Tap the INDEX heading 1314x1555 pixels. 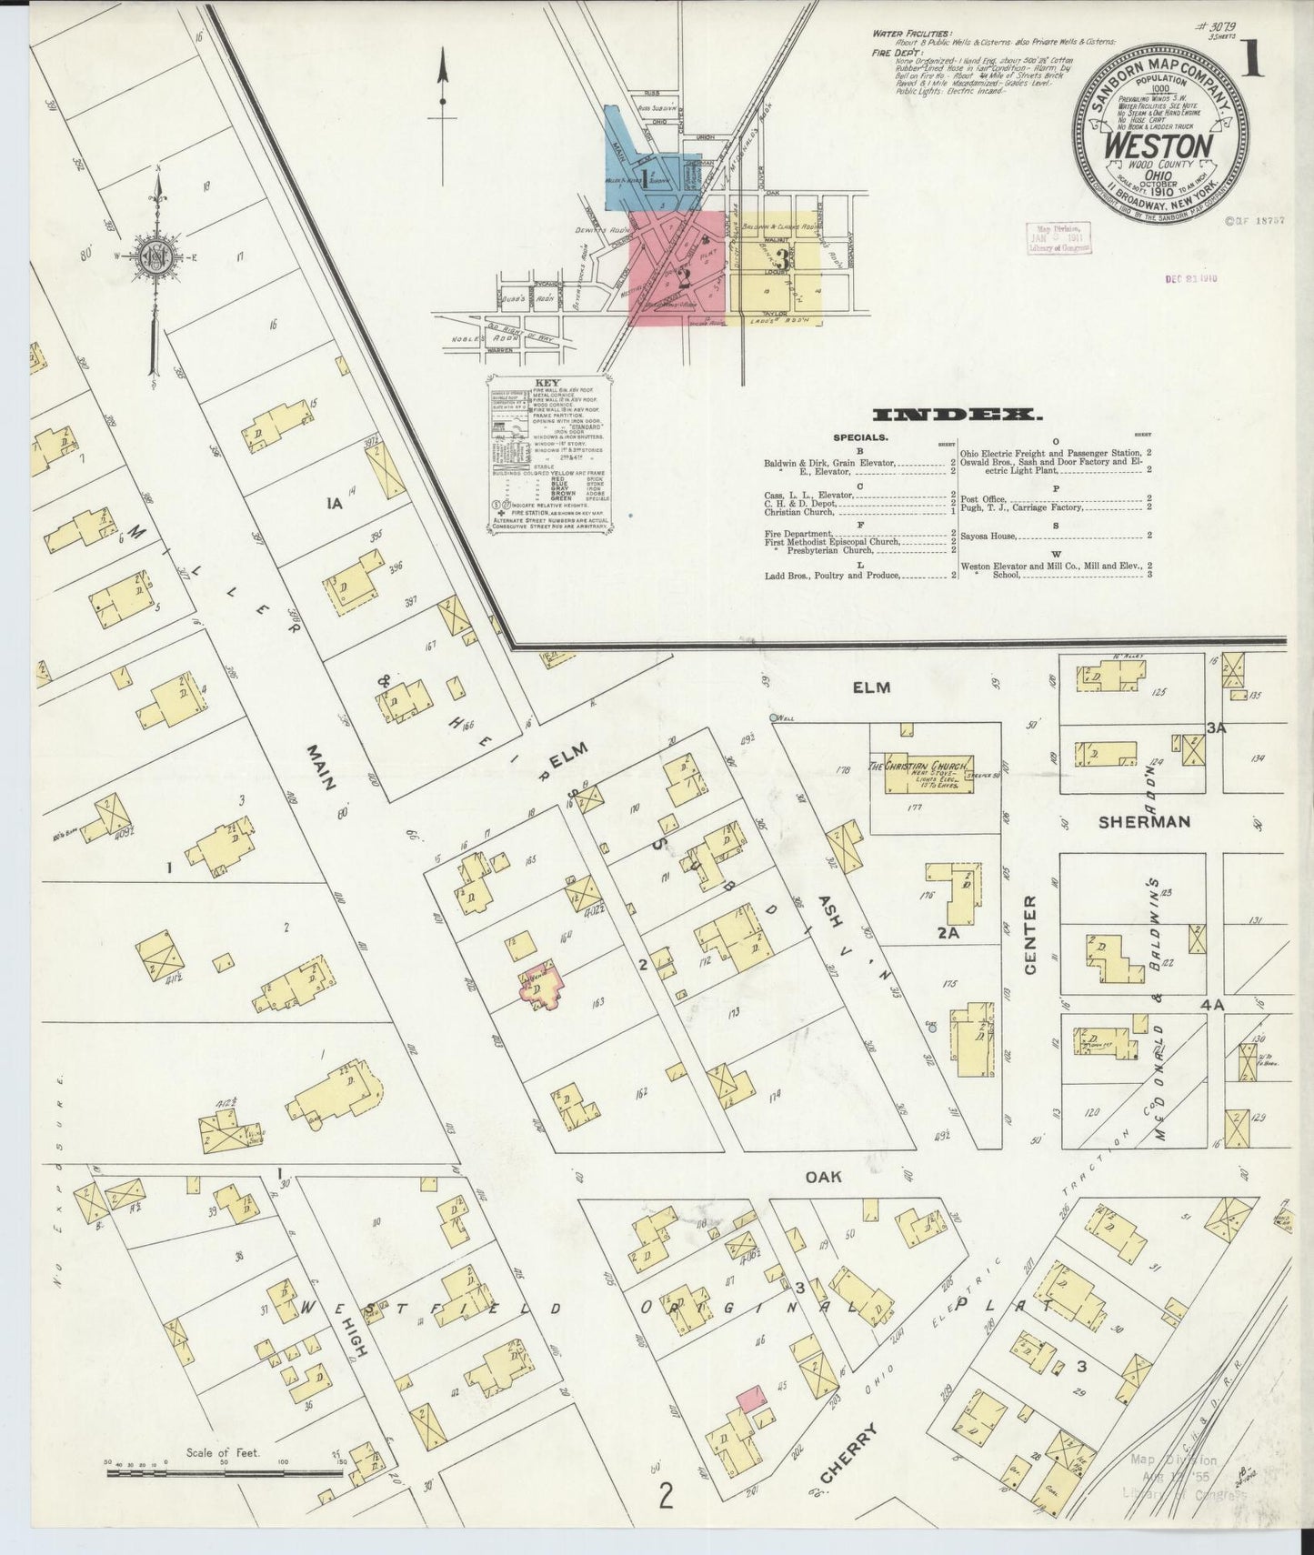(x=957, y=416)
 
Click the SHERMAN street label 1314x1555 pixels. (x=1144, y=821)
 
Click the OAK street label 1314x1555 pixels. (x=824, y=1176)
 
